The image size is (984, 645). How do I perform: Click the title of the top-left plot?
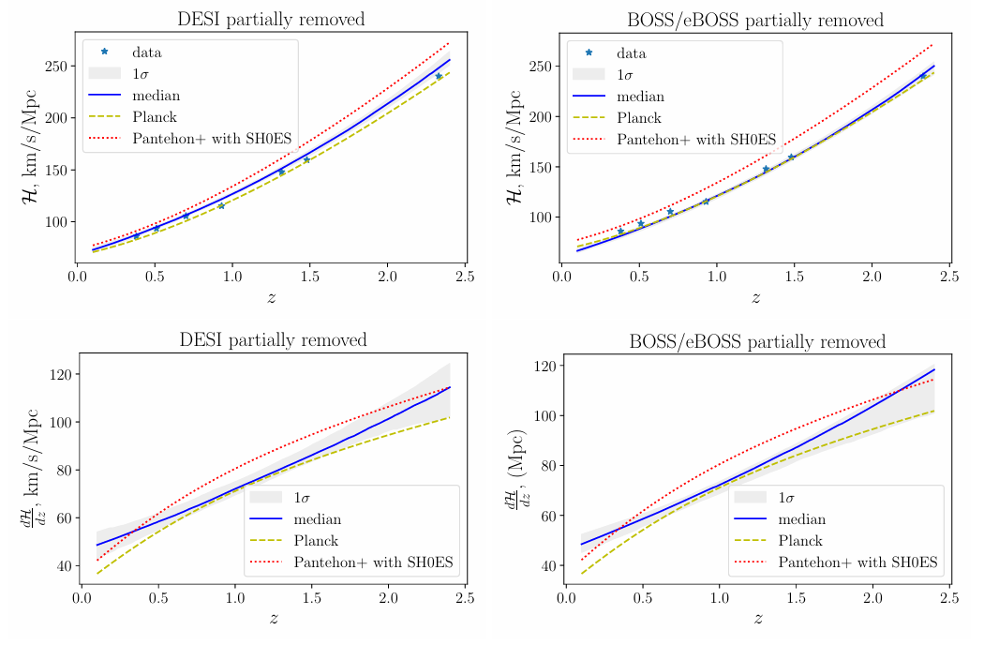(x=271, y=20)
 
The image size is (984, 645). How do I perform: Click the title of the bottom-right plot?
(x=757, y=341)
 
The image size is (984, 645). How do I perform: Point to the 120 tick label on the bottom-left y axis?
(x=60, y=374)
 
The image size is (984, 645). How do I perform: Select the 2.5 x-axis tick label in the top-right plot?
(x=949, y=277)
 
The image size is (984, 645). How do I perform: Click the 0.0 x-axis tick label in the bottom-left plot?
(x=82, y=597)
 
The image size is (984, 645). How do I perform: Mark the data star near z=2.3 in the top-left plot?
(x=439, y=76)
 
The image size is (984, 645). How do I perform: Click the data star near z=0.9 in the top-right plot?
(x=706, y=202)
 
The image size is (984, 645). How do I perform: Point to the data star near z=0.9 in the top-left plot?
(x=221, y=205)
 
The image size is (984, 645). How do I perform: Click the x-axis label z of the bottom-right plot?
(x=758, y=618)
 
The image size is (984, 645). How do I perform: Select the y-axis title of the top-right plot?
(x=514, y=147)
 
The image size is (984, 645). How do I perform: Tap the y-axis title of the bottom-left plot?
(x=31, y=468)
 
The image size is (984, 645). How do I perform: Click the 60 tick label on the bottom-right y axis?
(x=549, y=516)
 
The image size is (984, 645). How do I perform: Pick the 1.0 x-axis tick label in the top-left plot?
(x=232, y=277)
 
